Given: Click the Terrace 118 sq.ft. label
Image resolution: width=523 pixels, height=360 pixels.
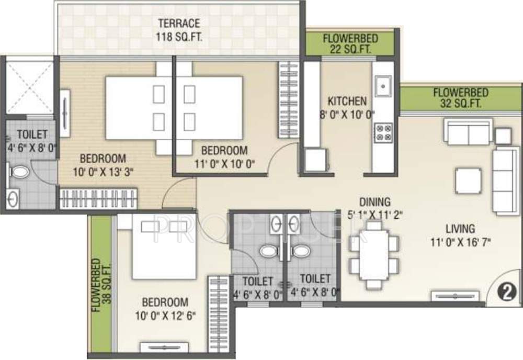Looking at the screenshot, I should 179,30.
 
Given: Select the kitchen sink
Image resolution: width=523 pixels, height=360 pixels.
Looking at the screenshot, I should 383,85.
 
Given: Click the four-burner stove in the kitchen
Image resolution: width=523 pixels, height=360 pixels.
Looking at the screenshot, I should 383,131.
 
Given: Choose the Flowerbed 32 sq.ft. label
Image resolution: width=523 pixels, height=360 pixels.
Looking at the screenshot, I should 461,98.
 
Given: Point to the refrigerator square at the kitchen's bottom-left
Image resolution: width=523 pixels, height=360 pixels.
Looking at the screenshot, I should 316,159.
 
